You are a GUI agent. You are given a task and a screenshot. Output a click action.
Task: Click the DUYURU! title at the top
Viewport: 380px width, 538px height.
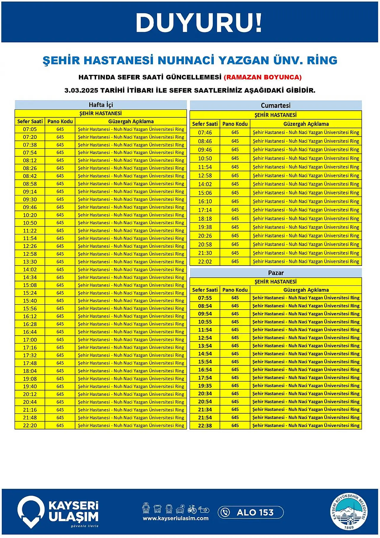(199, 23)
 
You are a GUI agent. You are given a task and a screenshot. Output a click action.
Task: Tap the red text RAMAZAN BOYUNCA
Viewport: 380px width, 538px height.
(262, 77)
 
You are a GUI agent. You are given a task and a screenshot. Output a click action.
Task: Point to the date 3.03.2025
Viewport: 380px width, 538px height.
(81, 90)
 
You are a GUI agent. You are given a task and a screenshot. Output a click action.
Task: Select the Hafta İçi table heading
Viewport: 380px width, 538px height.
(101, 105)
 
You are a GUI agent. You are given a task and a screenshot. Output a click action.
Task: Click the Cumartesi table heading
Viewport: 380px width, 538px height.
(275, 105)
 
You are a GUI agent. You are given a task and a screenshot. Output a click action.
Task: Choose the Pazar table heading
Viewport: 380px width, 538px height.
(276, 273)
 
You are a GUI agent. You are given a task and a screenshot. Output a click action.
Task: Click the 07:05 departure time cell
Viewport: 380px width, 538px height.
(30, 129)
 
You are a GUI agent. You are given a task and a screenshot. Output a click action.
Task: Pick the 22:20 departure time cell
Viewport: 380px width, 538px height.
(30, 426)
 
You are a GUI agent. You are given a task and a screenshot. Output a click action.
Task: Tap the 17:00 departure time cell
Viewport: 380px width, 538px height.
(30, 340)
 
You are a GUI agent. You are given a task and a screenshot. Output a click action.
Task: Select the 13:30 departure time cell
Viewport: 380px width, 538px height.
(30, 262)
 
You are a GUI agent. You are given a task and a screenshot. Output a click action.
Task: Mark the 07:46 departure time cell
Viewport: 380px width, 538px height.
(205, 133)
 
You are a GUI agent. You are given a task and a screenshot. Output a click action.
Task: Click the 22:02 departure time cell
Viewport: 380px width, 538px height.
(205, 262)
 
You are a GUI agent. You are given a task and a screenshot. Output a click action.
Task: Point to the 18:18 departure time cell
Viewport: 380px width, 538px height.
(205, 219)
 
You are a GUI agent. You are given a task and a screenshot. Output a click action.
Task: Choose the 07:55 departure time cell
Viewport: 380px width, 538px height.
(205, 298)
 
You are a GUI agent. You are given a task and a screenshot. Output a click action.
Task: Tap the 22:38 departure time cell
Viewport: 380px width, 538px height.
(205, 426)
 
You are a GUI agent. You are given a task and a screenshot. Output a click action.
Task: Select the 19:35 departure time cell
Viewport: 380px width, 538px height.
(205, 386)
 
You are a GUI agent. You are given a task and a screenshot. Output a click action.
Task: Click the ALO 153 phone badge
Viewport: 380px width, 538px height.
(251, 512)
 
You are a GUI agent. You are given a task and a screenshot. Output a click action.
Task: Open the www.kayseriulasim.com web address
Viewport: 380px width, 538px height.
(175, 518)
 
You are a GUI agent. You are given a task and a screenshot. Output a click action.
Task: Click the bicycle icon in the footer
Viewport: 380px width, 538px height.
(192, 509)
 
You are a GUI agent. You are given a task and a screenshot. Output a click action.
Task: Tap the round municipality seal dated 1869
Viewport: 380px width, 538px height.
(349, 512)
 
